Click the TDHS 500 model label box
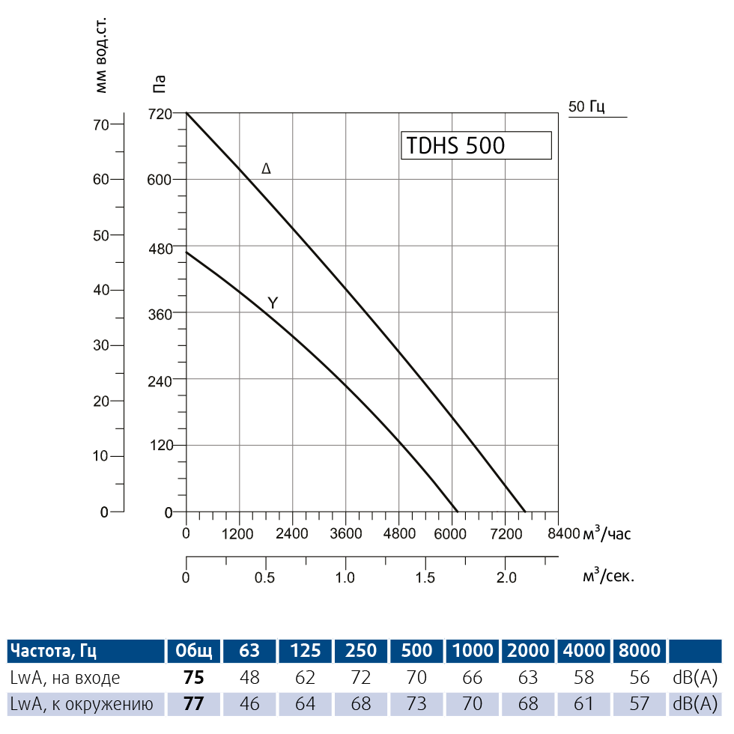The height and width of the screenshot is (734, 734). pos(477,145)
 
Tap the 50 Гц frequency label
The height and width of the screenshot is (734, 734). pos(586,106)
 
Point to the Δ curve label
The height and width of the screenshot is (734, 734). pos(266,169)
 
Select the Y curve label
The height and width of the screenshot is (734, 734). pos(273,303)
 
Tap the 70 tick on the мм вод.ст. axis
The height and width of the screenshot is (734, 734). pos(101,124)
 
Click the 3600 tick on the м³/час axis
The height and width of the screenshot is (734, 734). pos(346,534)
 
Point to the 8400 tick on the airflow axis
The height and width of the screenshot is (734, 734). pos(564,534)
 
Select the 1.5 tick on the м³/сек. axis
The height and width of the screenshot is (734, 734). pos(425,577)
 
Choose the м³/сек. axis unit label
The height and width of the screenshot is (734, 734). pos(608,577)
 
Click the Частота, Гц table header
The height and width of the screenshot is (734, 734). pos(54,650)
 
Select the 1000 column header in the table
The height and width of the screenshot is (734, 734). pos(473,650)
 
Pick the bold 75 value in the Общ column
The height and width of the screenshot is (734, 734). pos(194,678)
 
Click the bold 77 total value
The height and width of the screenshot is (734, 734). pos(194,704)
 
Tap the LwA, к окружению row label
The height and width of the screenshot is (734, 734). pos(82,704)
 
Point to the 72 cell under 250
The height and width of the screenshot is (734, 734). pos(362,678)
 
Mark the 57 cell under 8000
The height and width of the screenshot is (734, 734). pos(640,704)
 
